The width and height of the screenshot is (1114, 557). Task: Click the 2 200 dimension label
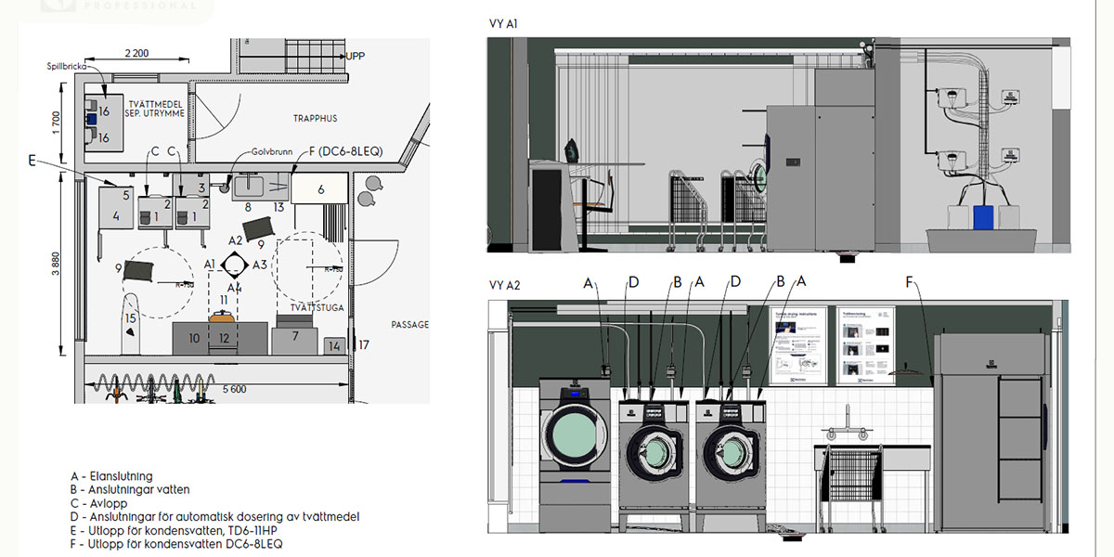coord(136,53)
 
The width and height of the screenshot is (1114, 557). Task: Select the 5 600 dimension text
coord(233,390)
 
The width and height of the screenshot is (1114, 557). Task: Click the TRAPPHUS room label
coord(315,119)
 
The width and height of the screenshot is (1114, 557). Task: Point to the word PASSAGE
coord(409,325)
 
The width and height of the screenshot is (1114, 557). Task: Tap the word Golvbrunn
coord(270,152)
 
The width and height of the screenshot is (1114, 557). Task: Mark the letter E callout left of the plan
coord(32,161)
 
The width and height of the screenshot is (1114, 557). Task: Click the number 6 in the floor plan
coord(320,189)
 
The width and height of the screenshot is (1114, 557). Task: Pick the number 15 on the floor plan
coord(131,318)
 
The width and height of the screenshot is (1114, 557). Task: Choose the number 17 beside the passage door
coord(364,345)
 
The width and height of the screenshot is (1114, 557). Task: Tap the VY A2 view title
coord(504,286)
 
